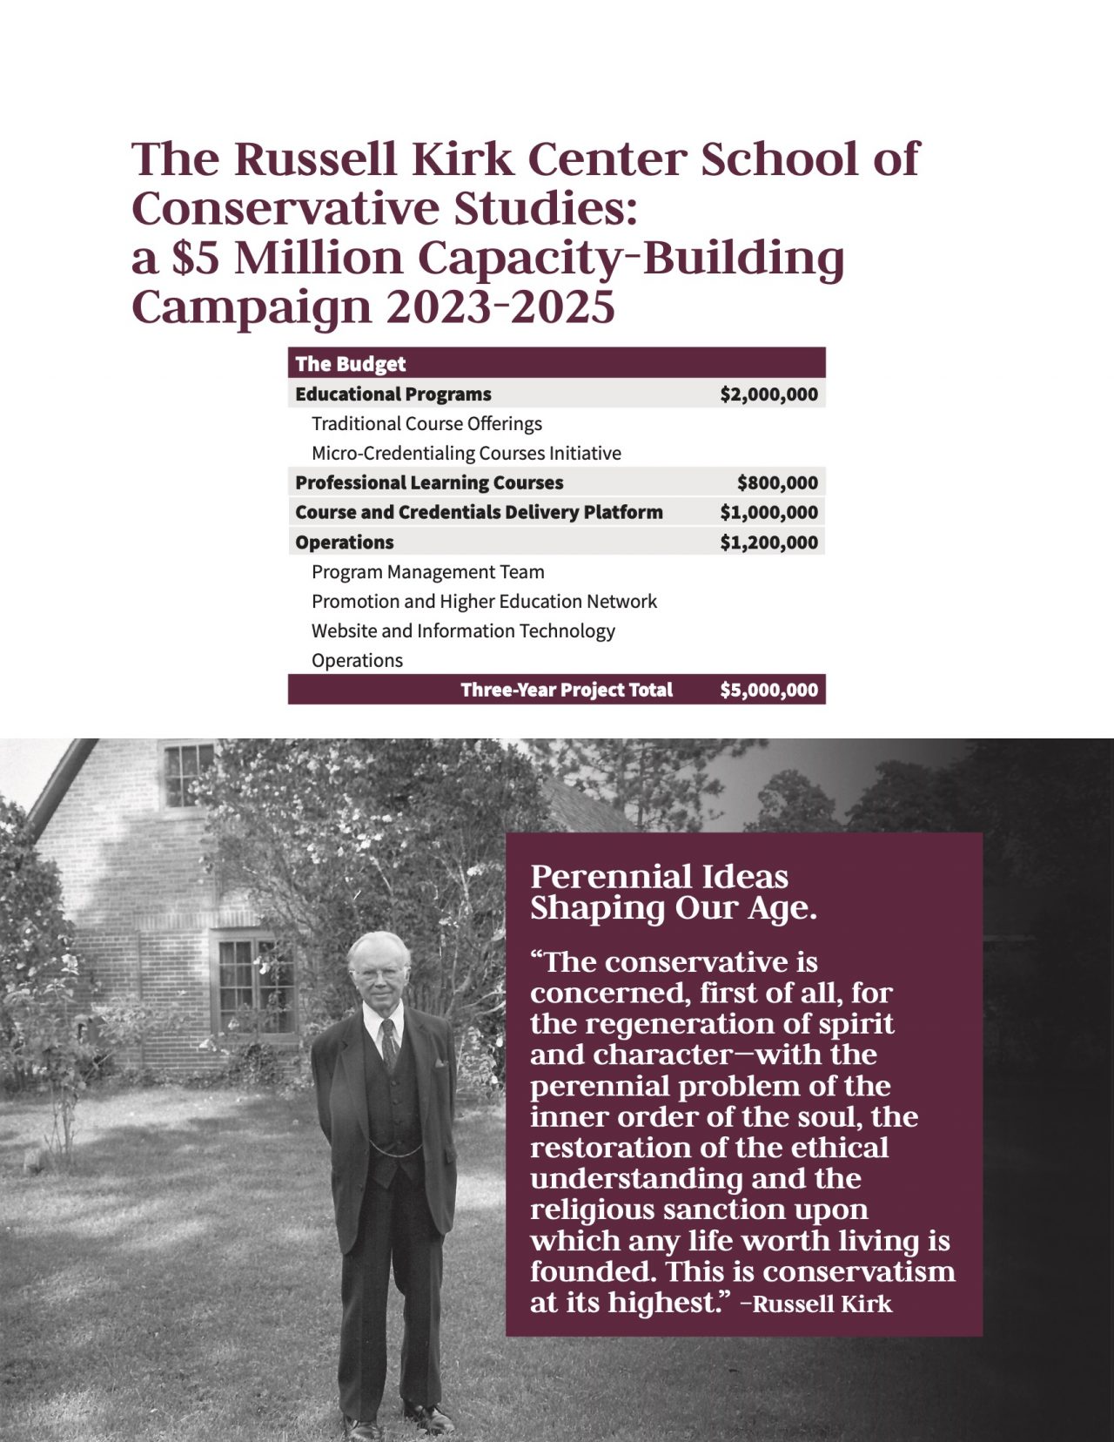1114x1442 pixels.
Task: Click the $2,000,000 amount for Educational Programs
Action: [x=768, y=394]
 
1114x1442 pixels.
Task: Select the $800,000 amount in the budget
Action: [x=777, y=483]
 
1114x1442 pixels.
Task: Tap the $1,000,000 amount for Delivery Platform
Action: [x=768, y=513]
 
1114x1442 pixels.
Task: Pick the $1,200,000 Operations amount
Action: [x=768, y=542]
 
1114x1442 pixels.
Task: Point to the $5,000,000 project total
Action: [x=768, y=691]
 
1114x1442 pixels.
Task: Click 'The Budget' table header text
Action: [x=350, y=364]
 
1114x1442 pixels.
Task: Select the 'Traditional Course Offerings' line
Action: [x=426, y=424]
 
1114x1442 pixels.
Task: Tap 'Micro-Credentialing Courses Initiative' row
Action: [x=466, y=454]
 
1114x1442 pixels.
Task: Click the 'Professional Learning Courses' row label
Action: [x=429, y=483]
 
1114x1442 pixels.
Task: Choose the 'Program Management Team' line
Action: [x=427, y=572]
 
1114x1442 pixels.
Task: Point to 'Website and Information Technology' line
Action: [x=463, y=631]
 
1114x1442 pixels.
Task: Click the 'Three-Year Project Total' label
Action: [x=567, y=691]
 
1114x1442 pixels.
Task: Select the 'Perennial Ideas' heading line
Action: [x=659, y=877]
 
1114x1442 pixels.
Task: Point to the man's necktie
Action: [x=389, y=1041]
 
